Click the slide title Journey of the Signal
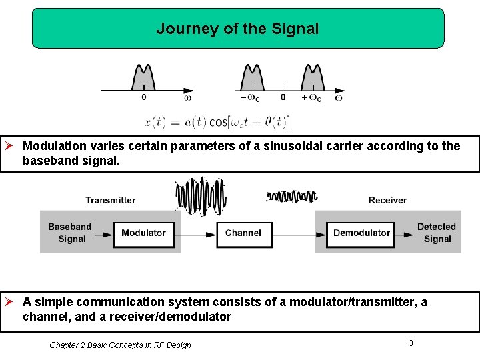click(237, 29)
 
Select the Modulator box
click(143, 233)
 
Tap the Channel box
click(244, 233)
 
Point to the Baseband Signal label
click(70, 233)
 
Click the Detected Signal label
click(437, 233)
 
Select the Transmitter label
click(111, 200)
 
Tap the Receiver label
click(387, 200)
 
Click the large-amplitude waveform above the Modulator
click(201, 196)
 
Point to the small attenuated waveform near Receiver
click(292, 196)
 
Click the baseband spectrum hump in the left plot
click(143, 77)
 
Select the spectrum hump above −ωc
click(253, 77)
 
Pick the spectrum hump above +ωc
click(312, 77)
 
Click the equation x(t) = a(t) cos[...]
click(217, 123)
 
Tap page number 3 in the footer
click(411, 343)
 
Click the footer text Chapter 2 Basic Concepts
click(120, 345)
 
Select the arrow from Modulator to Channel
click(194, 233)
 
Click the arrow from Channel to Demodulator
click(299, 233)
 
